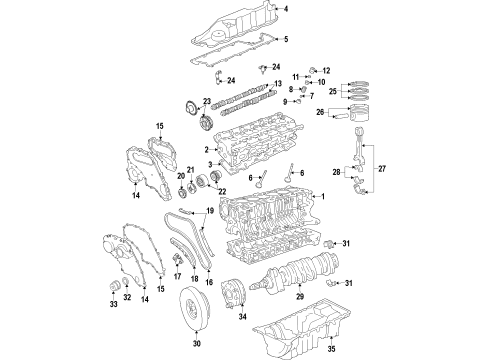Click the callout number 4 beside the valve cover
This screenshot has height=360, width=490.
(x=286, y=9)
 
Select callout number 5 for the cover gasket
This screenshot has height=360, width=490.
(x=286, y=39)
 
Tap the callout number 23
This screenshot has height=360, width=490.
(x=207, y=101)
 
